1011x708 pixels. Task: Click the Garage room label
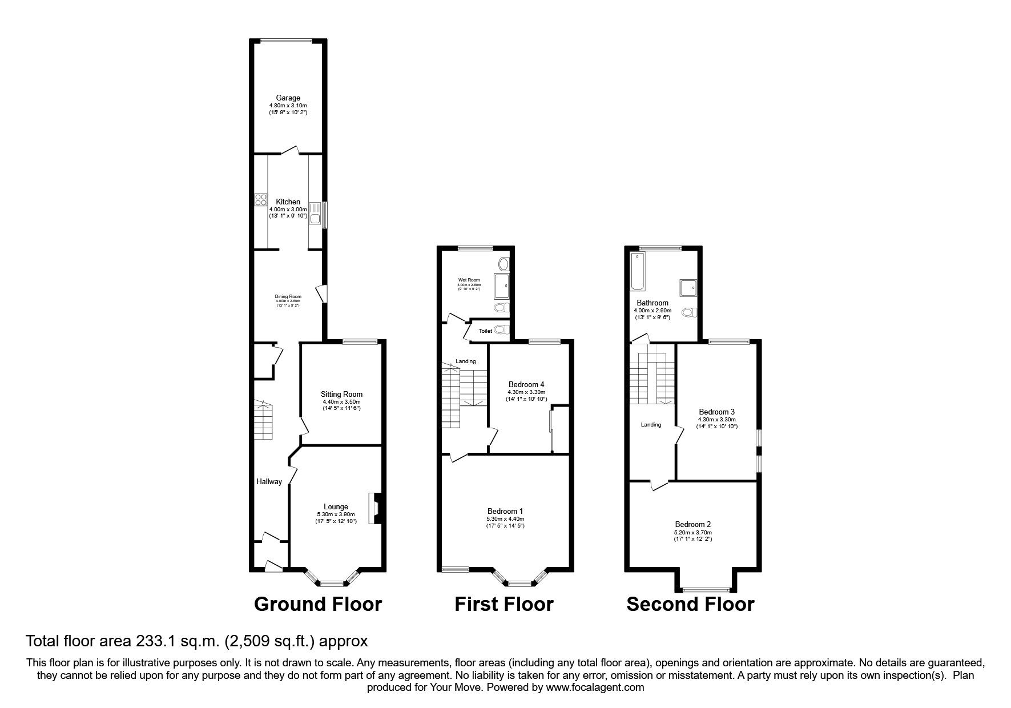[x=288, y=98]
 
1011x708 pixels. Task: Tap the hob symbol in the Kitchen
[x=261, y=199]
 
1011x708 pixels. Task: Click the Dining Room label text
[x=288, y=296]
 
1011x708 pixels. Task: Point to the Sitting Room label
[x=341, y=394]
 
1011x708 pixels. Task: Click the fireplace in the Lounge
[x=376, y=508]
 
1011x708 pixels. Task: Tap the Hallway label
[x=269, y=481]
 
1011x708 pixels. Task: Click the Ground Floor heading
[x=317, y=604]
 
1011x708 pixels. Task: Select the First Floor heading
[x=504, y=604]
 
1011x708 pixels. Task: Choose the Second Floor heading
[x=690, y=604]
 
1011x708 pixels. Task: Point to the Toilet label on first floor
[x=485, y=331]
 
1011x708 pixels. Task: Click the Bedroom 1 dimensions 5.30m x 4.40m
[x=505, y=519]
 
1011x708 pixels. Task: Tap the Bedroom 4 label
[x=526, y=384]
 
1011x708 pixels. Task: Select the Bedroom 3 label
[x=716, y=412]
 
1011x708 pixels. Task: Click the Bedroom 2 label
[x=692, y=524]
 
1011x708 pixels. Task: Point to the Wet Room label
[x=469, y=280]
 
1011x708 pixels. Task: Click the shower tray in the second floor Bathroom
[x=688, y=288]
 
